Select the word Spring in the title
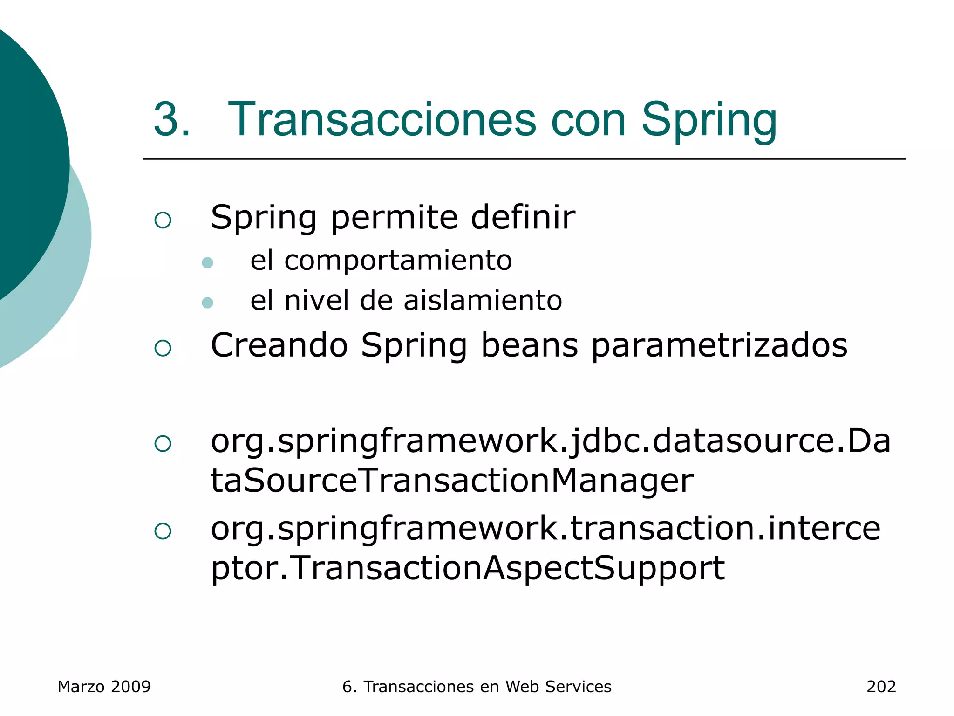coord(709,120)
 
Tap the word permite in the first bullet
coord(394,218)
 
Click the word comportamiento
coord(398,261)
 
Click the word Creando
coord(279,345)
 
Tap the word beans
coord(529,345)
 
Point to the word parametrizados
coord(719,346)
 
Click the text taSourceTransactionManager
coord(452,481)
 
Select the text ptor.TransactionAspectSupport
coord(468,568)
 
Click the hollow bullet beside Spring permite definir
coord(163,220)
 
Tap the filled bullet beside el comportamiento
coord(207,263)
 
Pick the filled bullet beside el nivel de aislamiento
coord(207,303)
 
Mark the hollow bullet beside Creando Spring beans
coord(163,348)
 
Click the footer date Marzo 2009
coord(104,687)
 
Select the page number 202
coord(881,687)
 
